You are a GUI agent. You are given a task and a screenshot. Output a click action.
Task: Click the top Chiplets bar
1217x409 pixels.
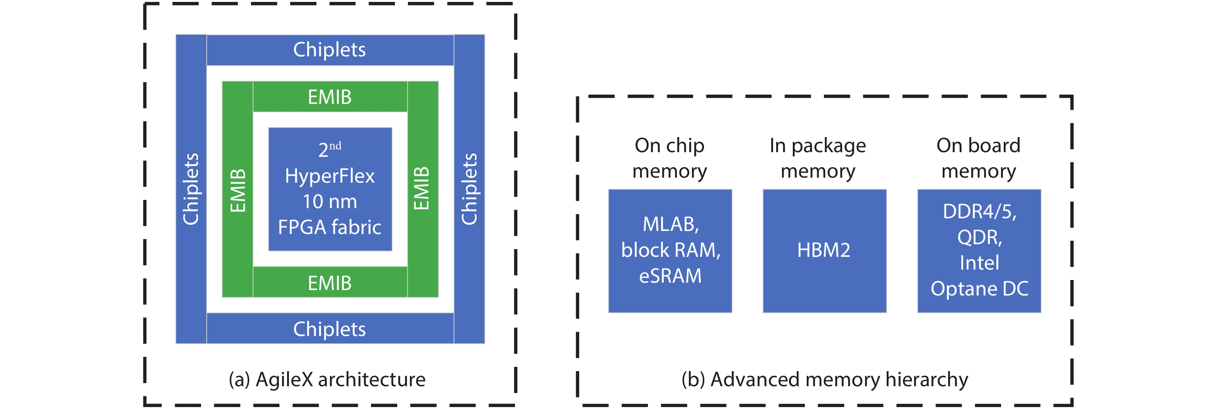coord(330,49)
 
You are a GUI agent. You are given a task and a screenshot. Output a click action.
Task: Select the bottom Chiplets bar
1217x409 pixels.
coord(330,329)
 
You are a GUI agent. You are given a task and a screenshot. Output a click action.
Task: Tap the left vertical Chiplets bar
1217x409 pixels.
coord(191,189)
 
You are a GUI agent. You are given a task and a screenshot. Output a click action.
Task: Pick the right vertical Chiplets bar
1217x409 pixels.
coord(469,189)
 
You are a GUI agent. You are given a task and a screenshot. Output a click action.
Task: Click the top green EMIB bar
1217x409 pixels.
coord(330,97)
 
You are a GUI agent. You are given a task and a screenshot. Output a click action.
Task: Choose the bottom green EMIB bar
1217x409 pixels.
coord(330,283)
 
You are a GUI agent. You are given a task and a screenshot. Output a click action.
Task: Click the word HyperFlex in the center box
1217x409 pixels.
coord(330,176)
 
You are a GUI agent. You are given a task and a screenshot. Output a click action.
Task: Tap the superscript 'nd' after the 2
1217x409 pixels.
coord(335,146)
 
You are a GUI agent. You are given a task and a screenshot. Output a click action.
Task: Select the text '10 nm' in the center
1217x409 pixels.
coord(330,202)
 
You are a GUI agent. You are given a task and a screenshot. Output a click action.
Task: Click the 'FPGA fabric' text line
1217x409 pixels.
coord(330,227)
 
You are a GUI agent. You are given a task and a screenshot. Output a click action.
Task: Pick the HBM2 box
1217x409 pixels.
coord(824,250)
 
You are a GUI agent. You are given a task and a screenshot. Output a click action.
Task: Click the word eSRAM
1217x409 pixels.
coord(670,276)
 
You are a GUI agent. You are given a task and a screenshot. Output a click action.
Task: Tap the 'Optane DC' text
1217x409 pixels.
coord(979,289)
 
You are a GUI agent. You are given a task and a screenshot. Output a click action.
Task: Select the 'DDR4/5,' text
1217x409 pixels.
coord(979,212)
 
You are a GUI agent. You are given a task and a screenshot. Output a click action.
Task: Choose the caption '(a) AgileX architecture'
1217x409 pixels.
coord(327,379)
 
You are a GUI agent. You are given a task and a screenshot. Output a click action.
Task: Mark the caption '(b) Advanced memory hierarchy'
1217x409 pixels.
coord(824,379)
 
